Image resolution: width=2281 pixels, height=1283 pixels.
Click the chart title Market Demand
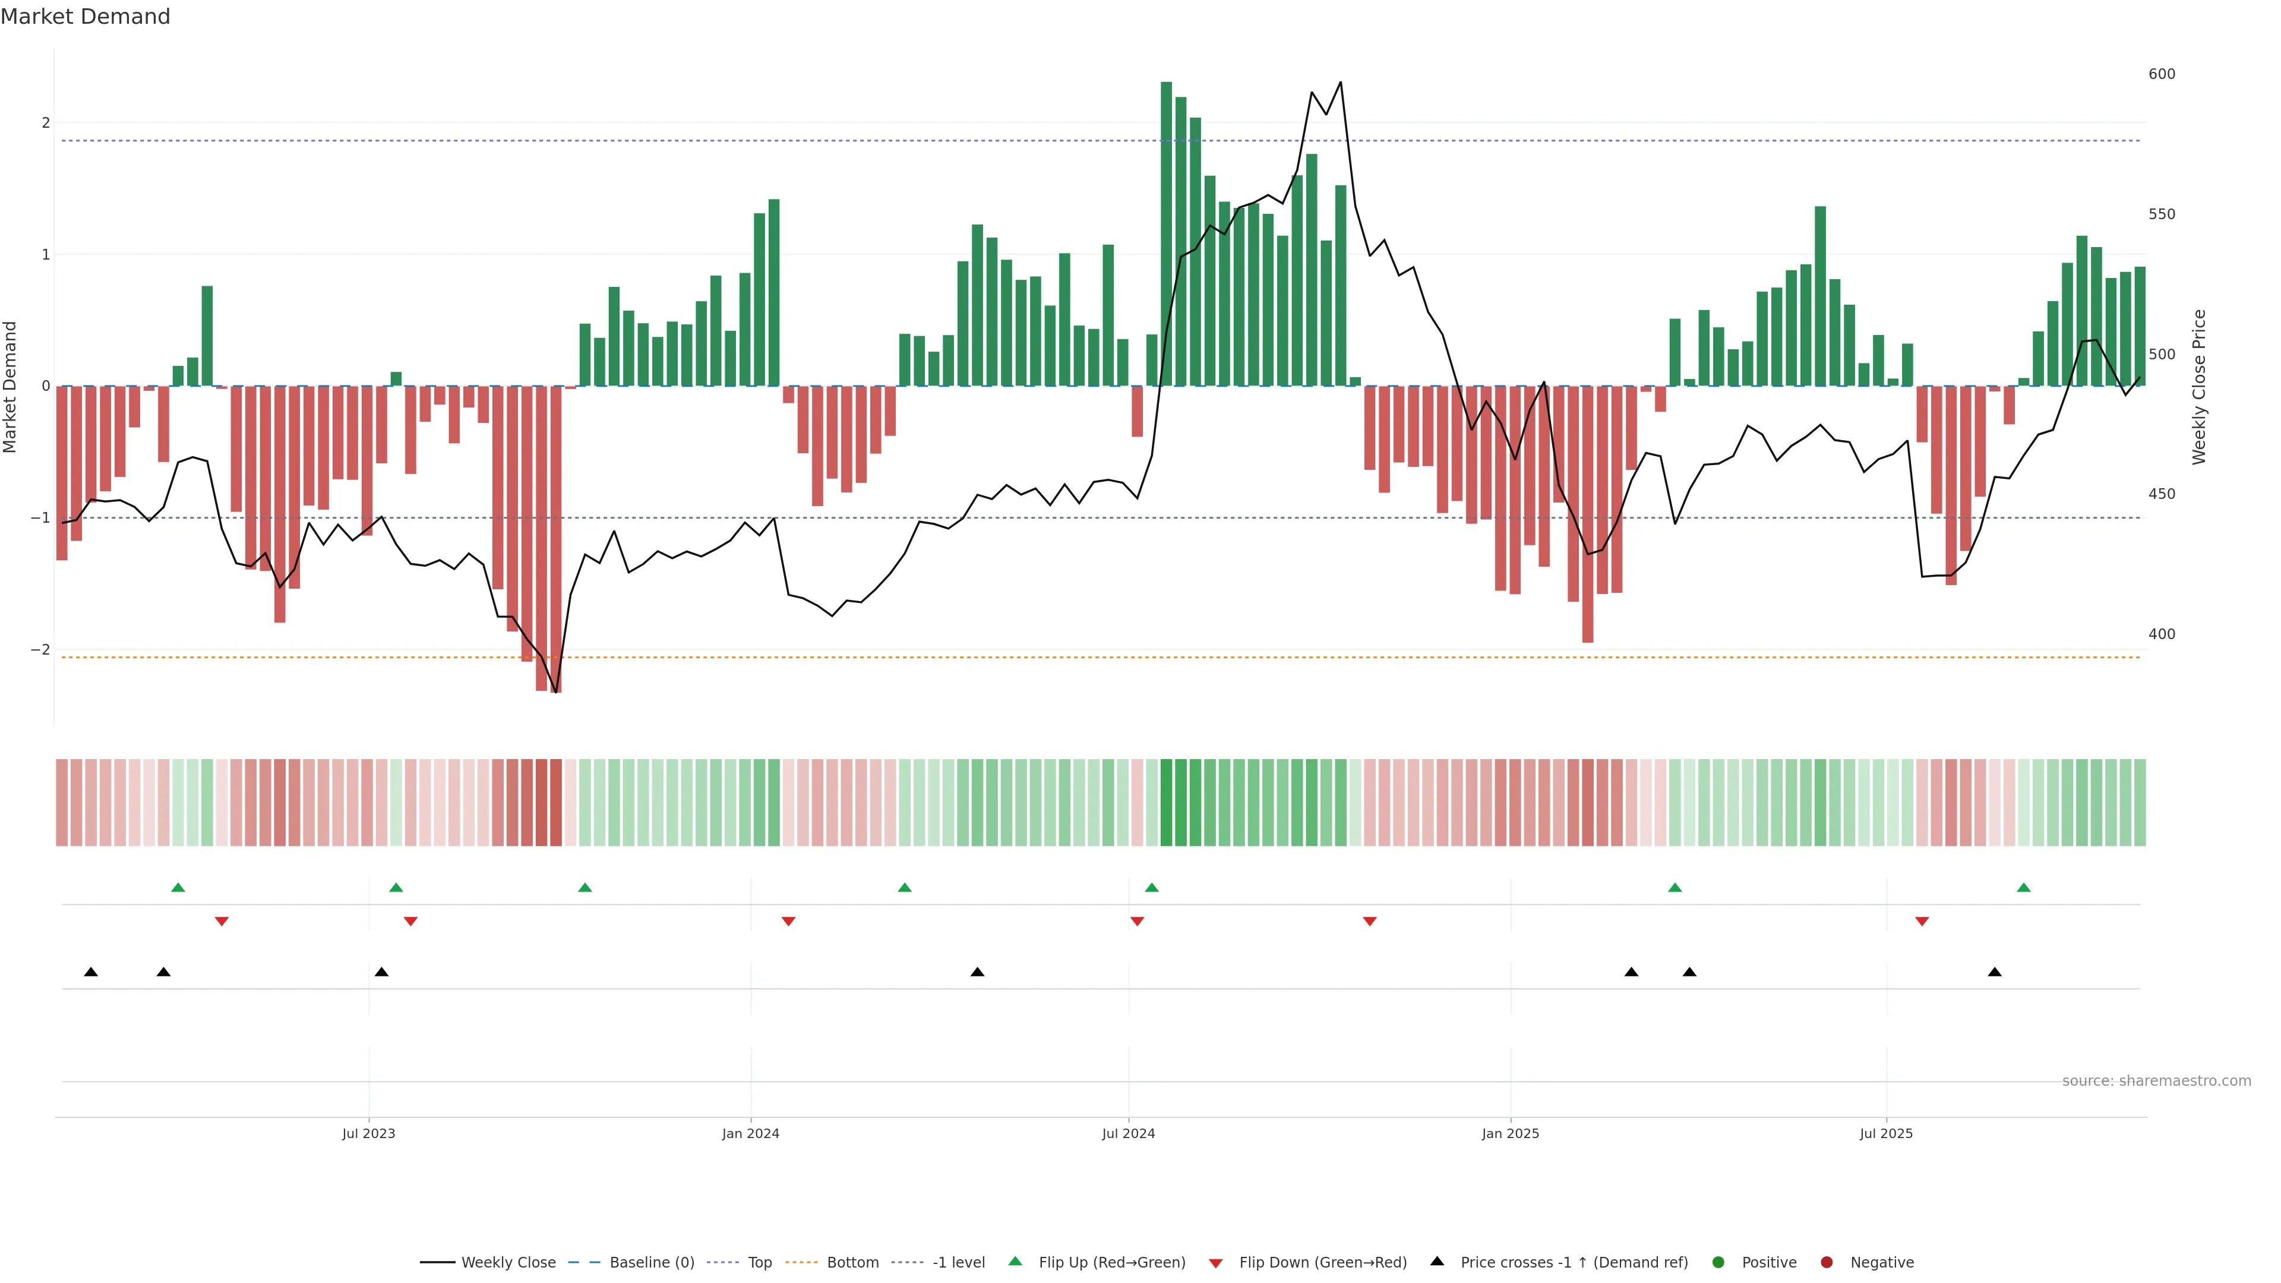coord(85,17)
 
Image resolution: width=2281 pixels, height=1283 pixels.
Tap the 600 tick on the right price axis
coord(2162,74)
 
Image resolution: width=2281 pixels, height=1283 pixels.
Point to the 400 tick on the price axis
coord(2162,634)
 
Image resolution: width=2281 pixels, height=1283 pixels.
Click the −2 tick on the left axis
coord(41,650)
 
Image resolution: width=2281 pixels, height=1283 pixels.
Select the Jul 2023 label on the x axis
coord(368,1133)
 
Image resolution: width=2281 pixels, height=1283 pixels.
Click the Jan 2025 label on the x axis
coord(1510,1133)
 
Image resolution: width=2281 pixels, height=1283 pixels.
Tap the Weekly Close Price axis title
coord(2200,387)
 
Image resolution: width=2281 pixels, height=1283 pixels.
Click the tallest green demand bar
coord(1166,234)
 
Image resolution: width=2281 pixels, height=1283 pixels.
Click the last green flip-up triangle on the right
coord(2023,887)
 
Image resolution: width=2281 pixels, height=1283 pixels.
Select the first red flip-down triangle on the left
coord(222,922)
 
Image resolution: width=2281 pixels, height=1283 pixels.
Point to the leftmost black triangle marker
coord(90,972)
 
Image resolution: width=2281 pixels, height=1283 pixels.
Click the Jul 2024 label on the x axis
coord(1128,1133)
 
